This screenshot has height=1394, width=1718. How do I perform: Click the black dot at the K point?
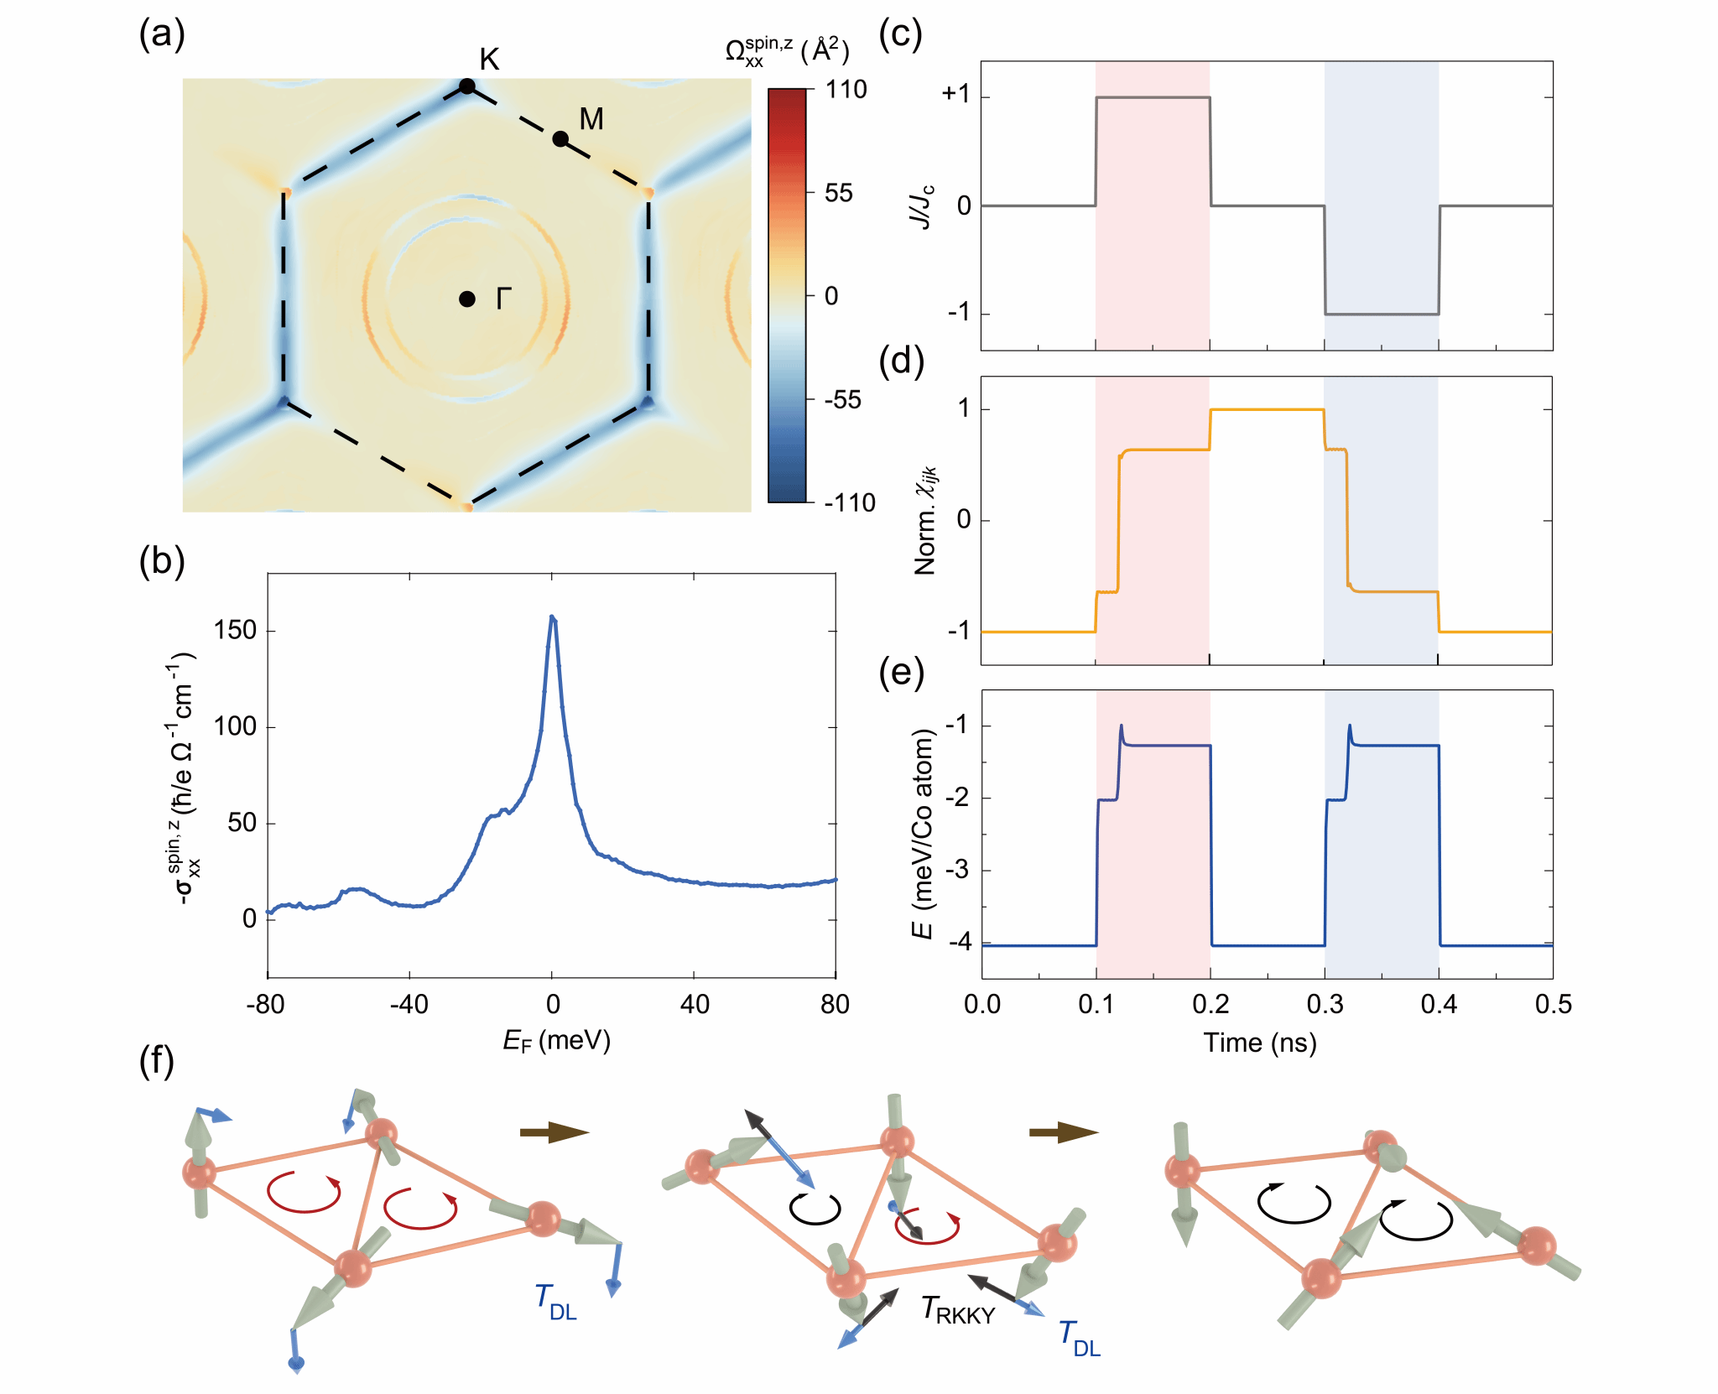467,86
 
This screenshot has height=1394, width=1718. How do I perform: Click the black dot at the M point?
560,139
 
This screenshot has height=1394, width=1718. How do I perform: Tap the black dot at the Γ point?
467,299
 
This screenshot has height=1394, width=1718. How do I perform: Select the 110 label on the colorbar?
846,90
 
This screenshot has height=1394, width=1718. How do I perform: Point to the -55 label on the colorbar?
842,400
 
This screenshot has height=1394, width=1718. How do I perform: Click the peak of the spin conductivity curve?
552,617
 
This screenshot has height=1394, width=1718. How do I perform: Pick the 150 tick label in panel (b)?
235,631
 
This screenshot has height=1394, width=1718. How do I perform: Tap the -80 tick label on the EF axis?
266,1004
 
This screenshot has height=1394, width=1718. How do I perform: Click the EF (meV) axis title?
556,1041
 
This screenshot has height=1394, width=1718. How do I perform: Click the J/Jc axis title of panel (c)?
922,206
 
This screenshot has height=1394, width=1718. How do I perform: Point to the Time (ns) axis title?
1259,1043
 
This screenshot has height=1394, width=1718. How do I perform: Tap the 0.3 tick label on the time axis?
1325,1004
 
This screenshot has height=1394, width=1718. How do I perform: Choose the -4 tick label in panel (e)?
959,943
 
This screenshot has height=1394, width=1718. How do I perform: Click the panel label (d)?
901,361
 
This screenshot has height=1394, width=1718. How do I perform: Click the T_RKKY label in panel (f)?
957,1310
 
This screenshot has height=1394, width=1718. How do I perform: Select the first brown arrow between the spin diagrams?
554,1132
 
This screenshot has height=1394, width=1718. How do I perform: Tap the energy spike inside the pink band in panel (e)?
1121,726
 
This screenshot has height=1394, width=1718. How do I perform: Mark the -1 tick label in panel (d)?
959,631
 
